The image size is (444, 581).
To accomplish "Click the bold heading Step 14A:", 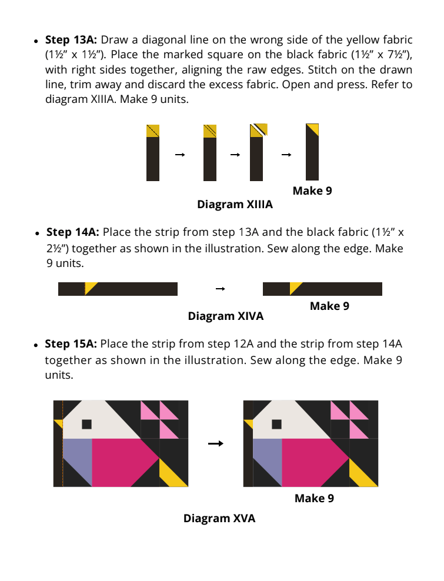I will pos(74,232).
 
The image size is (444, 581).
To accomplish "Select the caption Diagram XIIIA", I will pos(235,205).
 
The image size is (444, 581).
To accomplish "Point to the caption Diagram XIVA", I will pos(225,316).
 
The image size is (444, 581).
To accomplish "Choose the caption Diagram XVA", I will pos(219,518).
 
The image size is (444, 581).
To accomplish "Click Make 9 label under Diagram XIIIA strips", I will pos(312,191).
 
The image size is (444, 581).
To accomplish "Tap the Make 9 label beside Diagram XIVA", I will pos(329,306).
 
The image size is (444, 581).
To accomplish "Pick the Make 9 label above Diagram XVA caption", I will pos(314,499).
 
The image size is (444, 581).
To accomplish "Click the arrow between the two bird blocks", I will pos(216,443).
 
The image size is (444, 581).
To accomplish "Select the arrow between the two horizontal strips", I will pos(221,289).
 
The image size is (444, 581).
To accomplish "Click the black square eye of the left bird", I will pos(86,424).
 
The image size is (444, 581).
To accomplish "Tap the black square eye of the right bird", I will pos(276,424).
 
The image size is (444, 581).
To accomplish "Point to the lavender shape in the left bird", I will pos(76,456).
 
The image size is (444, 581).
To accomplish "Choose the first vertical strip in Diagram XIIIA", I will pos(153,152).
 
